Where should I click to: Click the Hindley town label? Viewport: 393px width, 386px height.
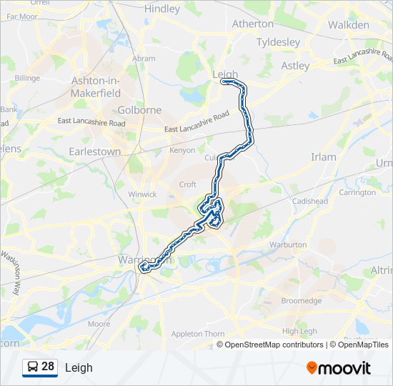(x=162, y=9)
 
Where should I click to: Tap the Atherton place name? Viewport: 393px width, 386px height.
(x=253, y=24)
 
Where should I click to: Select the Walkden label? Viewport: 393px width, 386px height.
(x=349, y=25)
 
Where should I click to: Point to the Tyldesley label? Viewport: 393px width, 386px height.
(x=278, y=42)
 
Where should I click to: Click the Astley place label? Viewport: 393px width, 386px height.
(x=295, y=66)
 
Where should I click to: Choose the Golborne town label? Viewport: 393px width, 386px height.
(x=139, y=110)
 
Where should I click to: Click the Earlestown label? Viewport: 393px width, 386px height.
(x=94, y=152)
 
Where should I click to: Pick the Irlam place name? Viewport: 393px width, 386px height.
(x=324, y=157)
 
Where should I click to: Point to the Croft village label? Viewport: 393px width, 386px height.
(x=188, y=184)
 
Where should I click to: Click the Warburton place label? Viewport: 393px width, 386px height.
(x=288, y=245)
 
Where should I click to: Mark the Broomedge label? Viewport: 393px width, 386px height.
(x=302, y=301)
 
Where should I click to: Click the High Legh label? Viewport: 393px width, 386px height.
(x=300, y=331)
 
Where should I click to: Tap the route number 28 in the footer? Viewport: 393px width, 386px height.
(x=48, y=367)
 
